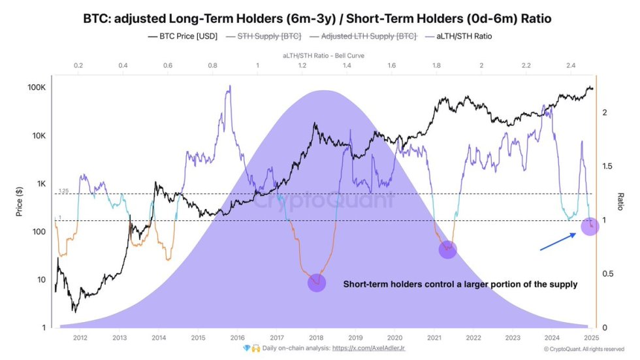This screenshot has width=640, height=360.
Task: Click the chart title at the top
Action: (320, 18)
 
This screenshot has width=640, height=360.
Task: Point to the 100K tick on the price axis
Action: (35, 88)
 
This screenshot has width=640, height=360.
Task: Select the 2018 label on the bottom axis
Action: (317, 338)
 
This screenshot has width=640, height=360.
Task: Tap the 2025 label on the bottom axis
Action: (591, 338)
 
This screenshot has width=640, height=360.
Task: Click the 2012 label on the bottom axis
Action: (80, 338)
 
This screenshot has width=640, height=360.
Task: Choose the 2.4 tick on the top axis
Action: (571, 66)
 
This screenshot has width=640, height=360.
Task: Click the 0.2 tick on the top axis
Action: (78, 66)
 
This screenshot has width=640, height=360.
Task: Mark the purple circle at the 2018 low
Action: (317, 283)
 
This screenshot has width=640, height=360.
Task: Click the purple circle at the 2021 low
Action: (447, 249)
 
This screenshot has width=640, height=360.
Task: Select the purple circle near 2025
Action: (590, 227)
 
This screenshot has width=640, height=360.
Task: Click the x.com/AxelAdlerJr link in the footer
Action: (368, 349)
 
